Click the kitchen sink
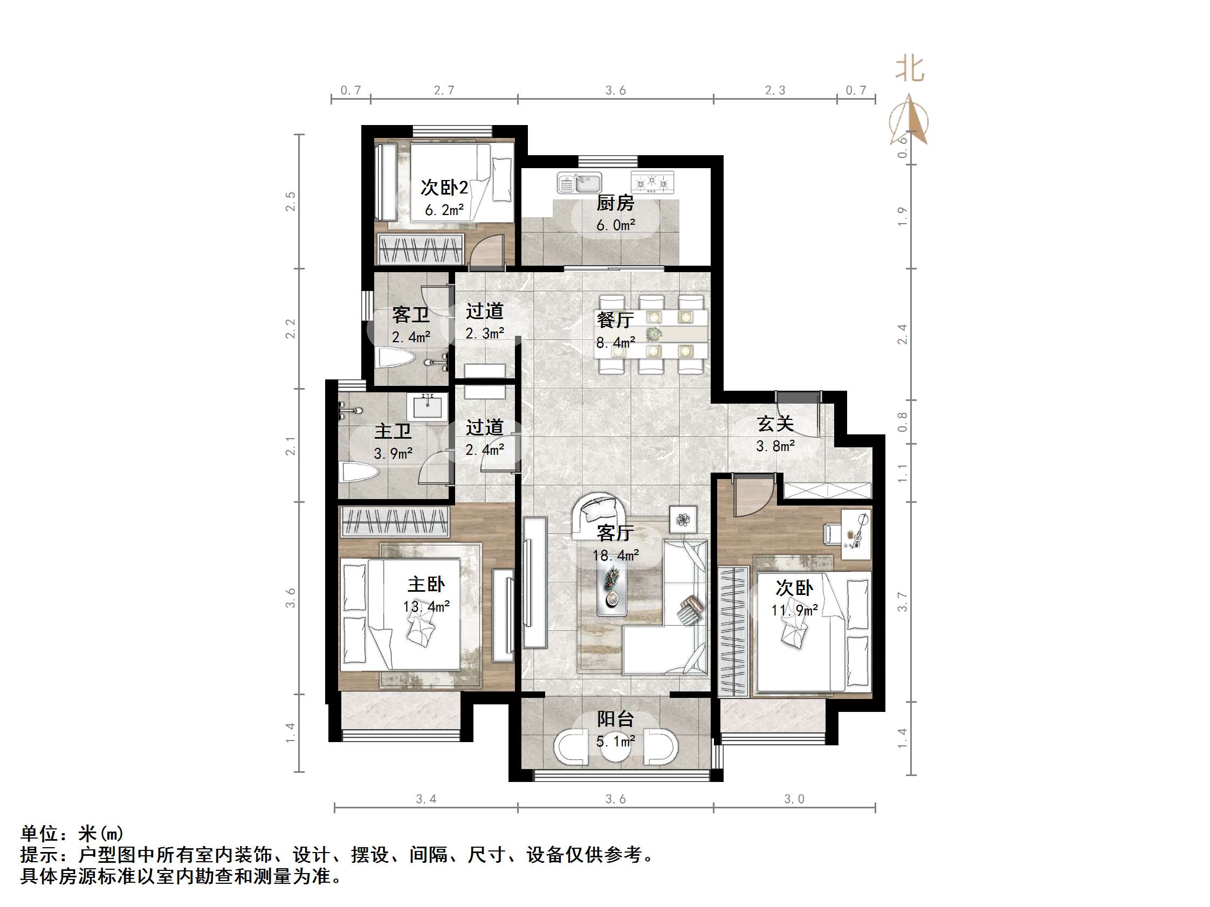pyautogui.click(x=579, y=183)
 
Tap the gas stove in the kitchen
pyautogui.click(x=652, y=182)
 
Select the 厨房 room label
pyautogui.click(x=615, y=203)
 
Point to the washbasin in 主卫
pyautogui.click(x=427, y=407)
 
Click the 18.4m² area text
pyautogui.click(x=615, y=556)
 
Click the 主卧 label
pyautogui.click(x=426, y=584)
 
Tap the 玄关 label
pyautogui.click(x=775, y=424)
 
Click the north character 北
pyautogui.click(x=910, y=70)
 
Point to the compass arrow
pyautogui.click(x=910, y=120)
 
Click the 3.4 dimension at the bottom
pyautogui.click(x=425, y=799)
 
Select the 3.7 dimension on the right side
pyautogui.click(x=903, y=602)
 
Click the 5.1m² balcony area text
pyautogui.click(x=615, y=742)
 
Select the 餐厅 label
pyautogui.click(x=615, y=320)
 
